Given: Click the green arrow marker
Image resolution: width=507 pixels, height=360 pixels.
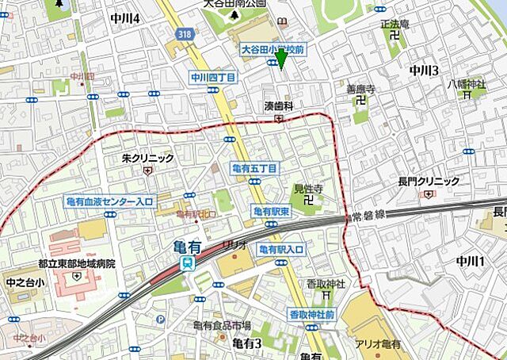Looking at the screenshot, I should (282, 62).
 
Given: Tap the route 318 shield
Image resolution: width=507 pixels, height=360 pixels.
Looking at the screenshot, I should (185, 34).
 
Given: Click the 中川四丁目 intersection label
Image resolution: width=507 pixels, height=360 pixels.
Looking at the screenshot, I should (213, 78).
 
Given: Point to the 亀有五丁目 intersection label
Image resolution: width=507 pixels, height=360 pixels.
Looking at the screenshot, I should (253, 169).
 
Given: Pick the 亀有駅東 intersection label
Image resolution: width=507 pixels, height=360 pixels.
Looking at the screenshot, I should (272, 211).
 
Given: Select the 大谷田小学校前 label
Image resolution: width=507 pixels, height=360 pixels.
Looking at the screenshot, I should (273, 49).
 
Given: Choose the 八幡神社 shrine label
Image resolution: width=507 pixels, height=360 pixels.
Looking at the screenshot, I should (466, 83).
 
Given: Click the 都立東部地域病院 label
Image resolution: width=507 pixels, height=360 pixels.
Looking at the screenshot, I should (76, 263).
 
